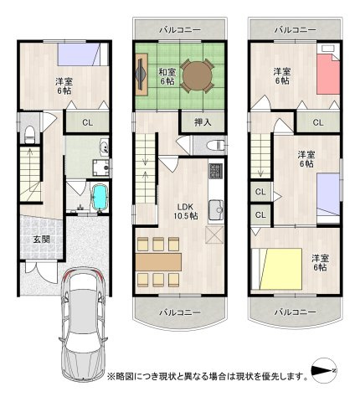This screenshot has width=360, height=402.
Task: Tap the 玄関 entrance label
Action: coord(41,239)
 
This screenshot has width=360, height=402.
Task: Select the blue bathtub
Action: coord(100,198)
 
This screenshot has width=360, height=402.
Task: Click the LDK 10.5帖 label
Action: coord(186,210)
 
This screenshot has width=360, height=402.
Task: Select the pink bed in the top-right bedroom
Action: coord(328,73)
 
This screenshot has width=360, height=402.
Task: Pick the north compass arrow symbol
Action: coord(324,371)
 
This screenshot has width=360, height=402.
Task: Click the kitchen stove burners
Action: coord(214,173)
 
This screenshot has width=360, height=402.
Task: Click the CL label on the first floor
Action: coord(87,122)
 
